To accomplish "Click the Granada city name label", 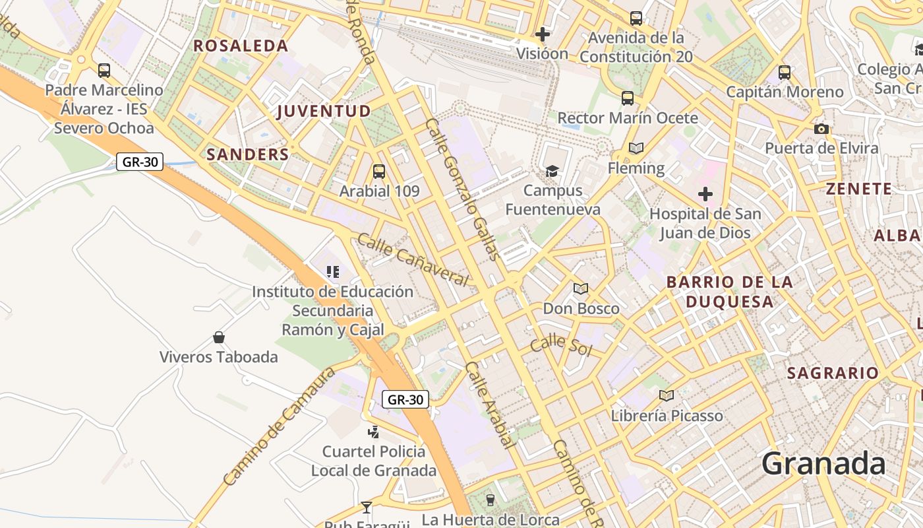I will coord(823,464).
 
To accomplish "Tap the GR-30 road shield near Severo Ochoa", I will coord(140,162).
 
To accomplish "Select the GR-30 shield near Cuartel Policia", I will coord(405,399).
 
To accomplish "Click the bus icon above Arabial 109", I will coord(379,172).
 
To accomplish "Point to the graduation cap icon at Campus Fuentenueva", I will coord(552,172).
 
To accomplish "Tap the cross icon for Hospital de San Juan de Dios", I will coord(705,194).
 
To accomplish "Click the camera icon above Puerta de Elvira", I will coord(821,129).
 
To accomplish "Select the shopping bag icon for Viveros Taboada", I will coord(219,337).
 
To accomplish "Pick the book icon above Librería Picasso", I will coord(667,396).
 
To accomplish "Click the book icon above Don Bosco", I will coord(581,288).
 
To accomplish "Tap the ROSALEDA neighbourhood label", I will coord(241,46).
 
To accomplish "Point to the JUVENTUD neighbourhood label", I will coord(324,111).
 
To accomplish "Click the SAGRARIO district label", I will coord(833,373).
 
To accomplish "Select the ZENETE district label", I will coord(859,189).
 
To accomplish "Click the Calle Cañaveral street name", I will coord(413,259).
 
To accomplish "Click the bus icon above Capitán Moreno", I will coord(785,73).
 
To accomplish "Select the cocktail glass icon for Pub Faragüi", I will coord(367,507).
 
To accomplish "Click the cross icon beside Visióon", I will coord(543,34).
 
